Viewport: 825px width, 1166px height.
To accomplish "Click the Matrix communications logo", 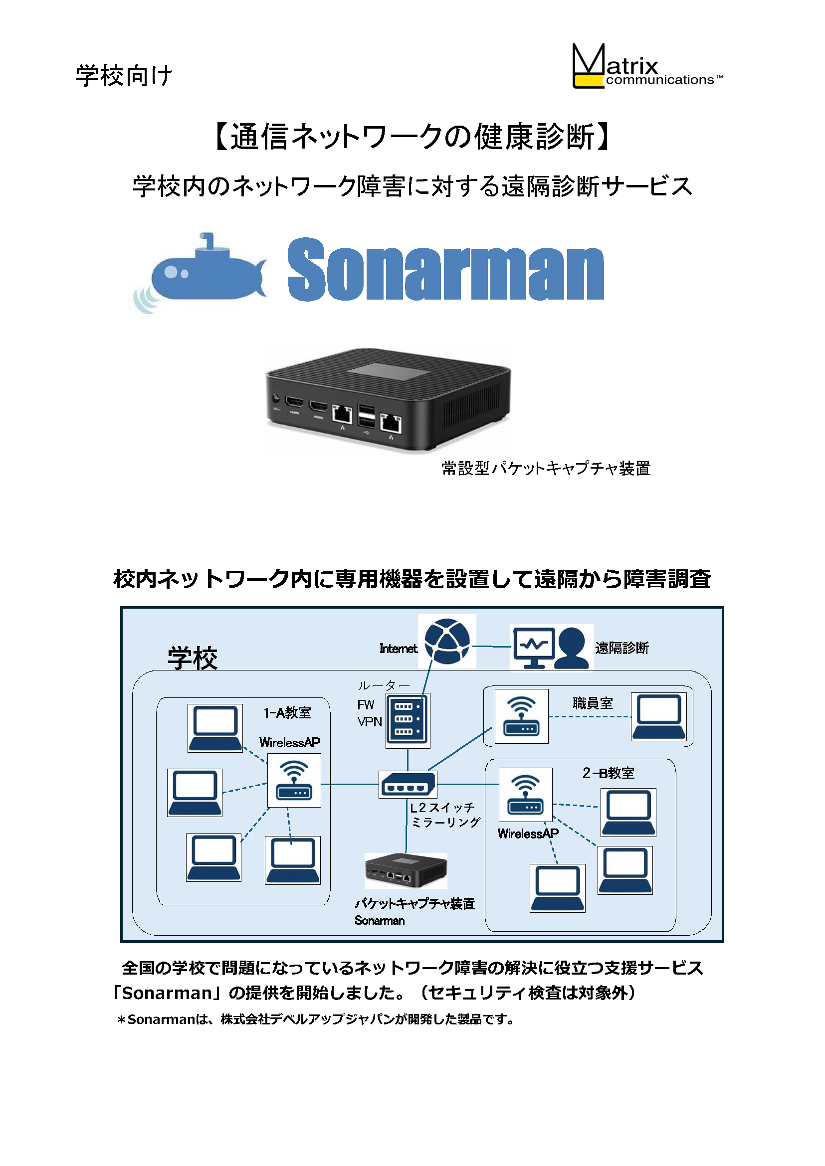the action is [x=647, y=66].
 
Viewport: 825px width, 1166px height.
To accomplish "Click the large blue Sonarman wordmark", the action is [x=445, y=269].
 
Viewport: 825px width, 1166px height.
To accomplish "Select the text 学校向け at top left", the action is [x=125, y=76].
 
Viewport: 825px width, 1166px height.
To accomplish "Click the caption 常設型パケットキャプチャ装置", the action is [x=546, y=468].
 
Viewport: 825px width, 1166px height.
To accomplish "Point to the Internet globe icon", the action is [x=447, y=642].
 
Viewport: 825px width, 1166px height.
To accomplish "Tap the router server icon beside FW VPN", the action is [x=408, y=721].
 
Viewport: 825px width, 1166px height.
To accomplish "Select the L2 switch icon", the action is [x=408, y=785].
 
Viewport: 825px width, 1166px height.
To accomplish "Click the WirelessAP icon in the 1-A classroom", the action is [x=294, y=781].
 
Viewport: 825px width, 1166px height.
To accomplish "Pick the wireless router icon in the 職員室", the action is [x=521, y=716].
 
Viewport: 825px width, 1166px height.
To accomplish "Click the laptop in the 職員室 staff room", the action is [x=659, y=716].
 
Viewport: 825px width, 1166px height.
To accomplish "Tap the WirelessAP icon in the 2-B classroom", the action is [x=525, y=795].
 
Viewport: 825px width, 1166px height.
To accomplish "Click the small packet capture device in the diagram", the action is [x=406, y=871].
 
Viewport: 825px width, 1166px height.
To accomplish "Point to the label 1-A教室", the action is [x=287, y=713].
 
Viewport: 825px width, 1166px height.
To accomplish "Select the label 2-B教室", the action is [x=609, y=773].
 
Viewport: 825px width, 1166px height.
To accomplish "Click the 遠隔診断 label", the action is [x=622, y=648].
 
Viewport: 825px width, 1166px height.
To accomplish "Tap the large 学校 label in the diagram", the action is [x=193, y=659].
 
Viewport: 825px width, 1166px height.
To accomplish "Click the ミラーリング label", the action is [x=445, y=822].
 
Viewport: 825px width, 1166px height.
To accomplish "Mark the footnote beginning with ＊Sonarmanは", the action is [x=315, y=1019].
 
